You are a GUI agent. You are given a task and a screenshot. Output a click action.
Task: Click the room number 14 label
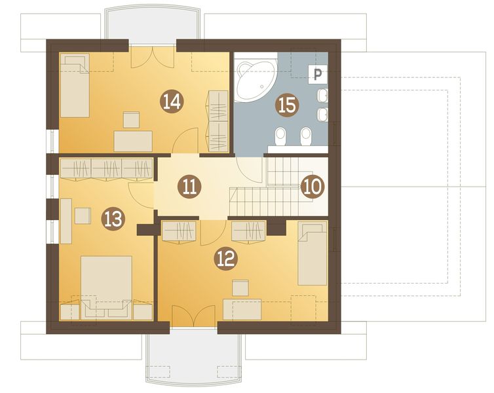pos(172,101)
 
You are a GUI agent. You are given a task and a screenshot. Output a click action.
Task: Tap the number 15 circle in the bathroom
pos(287,105)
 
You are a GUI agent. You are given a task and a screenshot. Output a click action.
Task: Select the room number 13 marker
pos(113,219)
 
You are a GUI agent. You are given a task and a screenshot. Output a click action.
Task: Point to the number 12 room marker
pos(225,259)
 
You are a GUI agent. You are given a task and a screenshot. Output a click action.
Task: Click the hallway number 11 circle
pos(189,187)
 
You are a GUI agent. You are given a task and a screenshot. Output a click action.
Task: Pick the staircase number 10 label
pos(312,186)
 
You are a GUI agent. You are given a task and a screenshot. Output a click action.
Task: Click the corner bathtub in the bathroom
pos(256,77)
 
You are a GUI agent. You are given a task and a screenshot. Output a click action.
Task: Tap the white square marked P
pos(318,74)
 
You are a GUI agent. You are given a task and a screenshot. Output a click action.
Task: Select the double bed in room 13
pos(106,288)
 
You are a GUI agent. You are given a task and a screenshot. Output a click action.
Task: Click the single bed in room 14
pos(74,85)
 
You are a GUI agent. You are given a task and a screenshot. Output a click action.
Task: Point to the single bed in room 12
pos(313,253)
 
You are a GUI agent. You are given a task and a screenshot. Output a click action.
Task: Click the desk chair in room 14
pos(131,120)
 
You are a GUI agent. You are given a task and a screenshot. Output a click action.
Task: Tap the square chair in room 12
pos(240,288)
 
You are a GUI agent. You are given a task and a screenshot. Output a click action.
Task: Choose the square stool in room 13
pos(83,215)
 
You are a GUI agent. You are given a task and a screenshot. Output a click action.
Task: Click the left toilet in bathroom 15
pos(280,137)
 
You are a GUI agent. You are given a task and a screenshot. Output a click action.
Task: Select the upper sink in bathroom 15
pos(323,96)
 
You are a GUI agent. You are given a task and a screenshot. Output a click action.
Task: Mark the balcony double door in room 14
pos(153,57)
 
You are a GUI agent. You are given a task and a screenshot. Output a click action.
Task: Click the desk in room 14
pos(133,141)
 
